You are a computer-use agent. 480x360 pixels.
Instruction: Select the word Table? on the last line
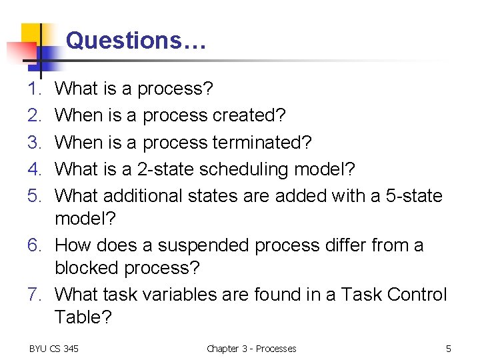coord(83,317)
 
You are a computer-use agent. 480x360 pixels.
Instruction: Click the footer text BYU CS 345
coord(54,349)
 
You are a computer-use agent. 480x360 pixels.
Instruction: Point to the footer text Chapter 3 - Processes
coord(251,349)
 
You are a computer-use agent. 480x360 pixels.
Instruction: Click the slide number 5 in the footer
coord(449,349)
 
